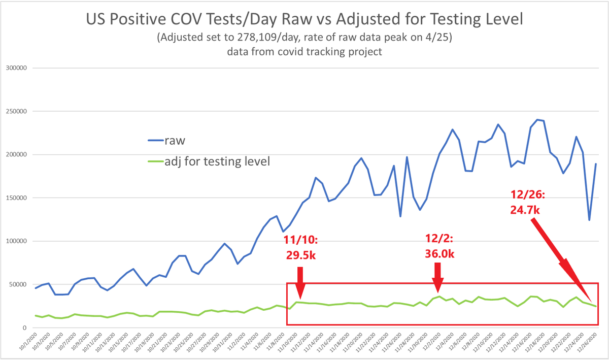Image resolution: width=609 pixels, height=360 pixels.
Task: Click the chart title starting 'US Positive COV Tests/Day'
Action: tap(304, 20)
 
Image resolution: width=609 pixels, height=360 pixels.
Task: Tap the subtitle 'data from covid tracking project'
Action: tap(304, 52)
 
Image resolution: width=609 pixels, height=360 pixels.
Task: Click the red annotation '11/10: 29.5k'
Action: tap(299, 247)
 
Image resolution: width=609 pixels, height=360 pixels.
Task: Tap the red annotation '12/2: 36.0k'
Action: tap(439, 246)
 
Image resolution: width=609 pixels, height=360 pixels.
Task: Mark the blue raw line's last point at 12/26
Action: tap(596, 164)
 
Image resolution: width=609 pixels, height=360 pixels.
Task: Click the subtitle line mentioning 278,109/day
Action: tap(304, 39)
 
